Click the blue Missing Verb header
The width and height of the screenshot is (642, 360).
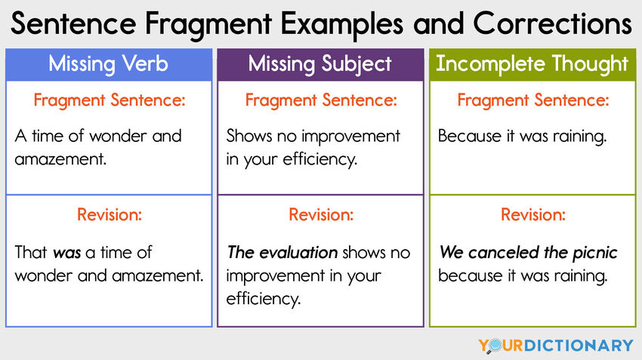pos(109,64)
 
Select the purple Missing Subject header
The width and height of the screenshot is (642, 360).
pos(320,64)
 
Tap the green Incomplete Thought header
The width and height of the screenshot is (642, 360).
pos(532,64)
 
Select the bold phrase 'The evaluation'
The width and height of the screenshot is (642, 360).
pos(282,253)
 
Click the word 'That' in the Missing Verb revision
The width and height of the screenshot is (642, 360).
pos(31,253)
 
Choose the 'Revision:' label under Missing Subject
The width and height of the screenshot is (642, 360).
pos(320,215)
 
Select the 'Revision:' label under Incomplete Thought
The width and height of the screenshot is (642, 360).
pos(532,215)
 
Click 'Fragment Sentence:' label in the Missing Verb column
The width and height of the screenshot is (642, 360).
pos(109,100)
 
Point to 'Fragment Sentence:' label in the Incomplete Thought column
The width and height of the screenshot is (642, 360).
pos(532,100)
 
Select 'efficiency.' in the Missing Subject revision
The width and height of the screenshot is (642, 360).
pos(264,299)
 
